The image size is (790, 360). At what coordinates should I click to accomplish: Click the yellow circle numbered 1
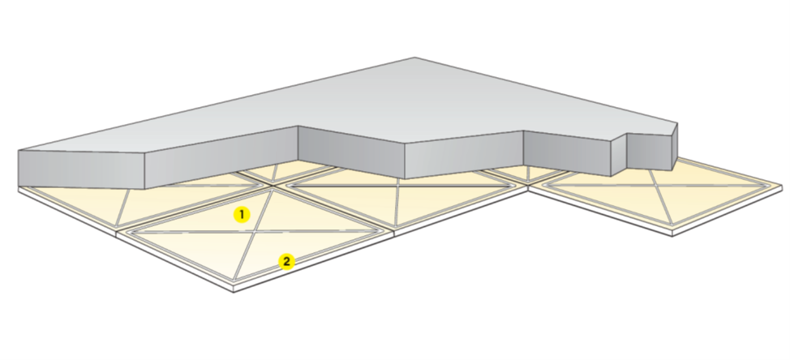coord(242,215)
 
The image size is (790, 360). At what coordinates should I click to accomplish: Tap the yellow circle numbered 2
coord(286,262)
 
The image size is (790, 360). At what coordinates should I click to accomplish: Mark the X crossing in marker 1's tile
coord(256,232)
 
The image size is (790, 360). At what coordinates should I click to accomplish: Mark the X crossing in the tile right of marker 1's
coord(398,186)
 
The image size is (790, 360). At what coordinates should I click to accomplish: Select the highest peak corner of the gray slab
coord(414,58)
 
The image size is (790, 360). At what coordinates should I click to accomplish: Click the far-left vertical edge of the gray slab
coord(19,168)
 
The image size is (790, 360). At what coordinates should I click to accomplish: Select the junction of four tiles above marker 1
coord(273,186)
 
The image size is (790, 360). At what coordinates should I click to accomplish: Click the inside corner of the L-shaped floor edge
coord(528,189)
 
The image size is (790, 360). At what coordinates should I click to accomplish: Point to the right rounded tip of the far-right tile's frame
coord(772,186)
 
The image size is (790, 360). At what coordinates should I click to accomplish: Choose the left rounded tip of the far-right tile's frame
coord(544,186)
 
